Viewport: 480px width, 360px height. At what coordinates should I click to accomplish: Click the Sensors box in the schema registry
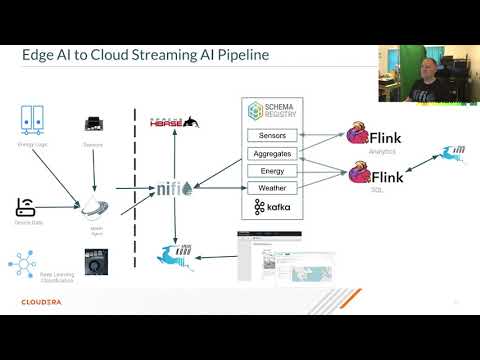[272, 135]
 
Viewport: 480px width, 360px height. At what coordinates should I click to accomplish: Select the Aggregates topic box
[272, 153]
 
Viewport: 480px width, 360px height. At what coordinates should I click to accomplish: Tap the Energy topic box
[272, 170]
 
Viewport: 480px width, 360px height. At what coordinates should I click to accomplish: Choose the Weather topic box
[272, 187]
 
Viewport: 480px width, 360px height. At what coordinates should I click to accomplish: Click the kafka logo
[272, 208]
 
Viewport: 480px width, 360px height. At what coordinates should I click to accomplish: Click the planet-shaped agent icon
[95, 209]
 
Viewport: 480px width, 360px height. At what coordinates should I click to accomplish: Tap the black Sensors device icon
[95, 123]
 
